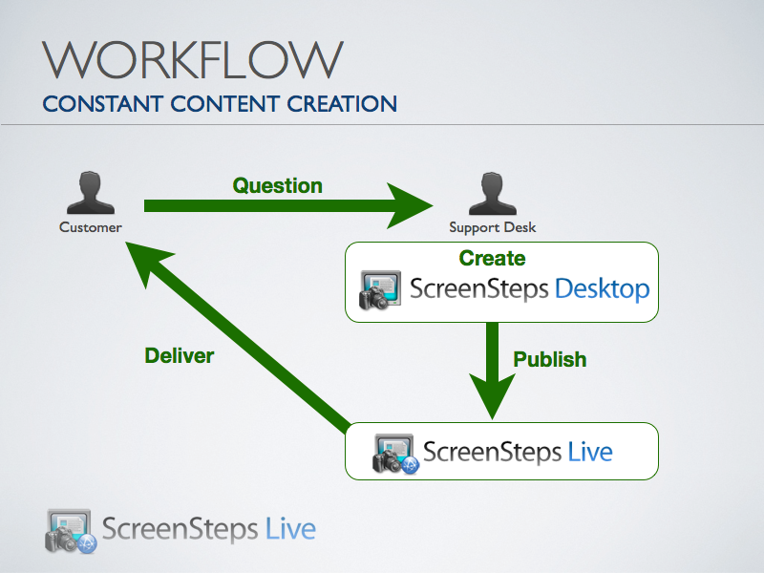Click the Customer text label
coord(91,227)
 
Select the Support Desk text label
coord(493,227)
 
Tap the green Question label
coord(278,185)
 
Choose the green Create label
coord(492,258)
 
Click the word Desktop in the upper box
coord(602,288)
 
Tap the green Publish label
coord(550,360)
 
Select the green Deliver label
coord(179,356)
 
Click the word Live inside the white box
coord(589,451)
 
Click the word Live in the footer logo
coord(290,528)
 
